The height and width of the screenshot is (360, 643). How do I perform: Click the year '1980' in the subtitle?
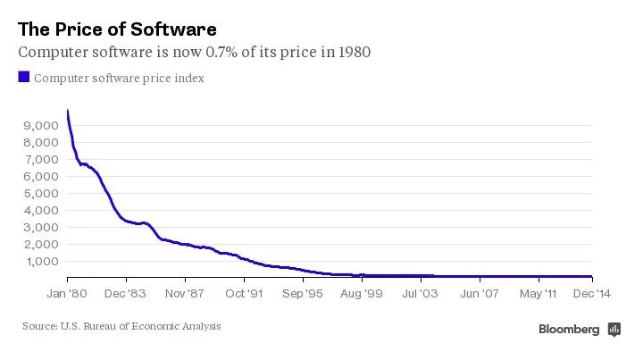tap(352, 52)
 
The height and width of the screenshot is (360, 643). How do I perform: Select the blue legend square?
tap(24, 78)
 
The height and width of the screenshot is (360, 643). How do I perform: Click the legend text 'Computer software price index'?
tap(119, 79)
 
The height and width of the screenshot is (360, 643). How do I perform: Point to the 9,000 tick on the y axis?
tap(38, 125)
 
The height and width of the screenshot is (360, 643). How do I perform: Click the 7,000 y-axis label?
tap(38, 159)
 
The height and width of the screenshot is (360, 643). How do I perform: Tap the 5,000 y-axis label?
tap(38, 193)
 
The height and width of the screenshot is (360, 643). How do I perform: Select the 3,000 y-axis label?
tap(38, 227)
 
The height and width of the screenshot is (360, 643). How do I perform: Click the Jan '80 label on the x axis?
tap(67, 292)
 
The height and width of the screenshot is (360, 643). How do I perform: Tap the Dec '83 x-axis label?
tap(125, 292)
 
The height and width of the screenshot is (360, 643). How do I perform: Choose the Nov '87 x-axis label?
tap(186, 292)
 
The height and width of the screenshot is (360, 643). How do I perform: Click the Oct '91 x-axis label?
tap(245, 292)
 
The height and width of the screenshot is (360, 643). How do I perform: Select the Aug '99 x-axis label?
tap(363, 292)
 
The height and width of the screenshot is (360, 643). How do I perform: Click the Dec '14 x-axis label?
tap(591, 292)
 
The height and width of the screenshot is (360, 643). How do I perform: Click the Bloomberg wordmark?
tap(569, 330)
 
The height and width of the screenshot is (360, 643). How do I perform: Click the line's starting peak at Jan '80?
tap(68, 111)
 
